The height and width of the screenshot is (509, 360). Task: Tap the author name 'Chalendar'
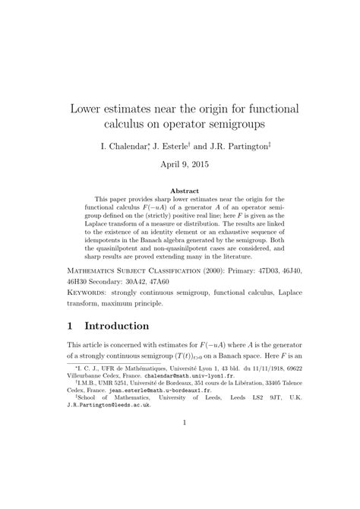point(126,145)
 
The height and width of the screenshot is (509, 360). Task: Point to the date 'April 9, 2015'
point(180,163)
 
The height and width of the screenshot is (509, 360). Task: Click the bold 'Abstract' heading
point(180,191)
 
